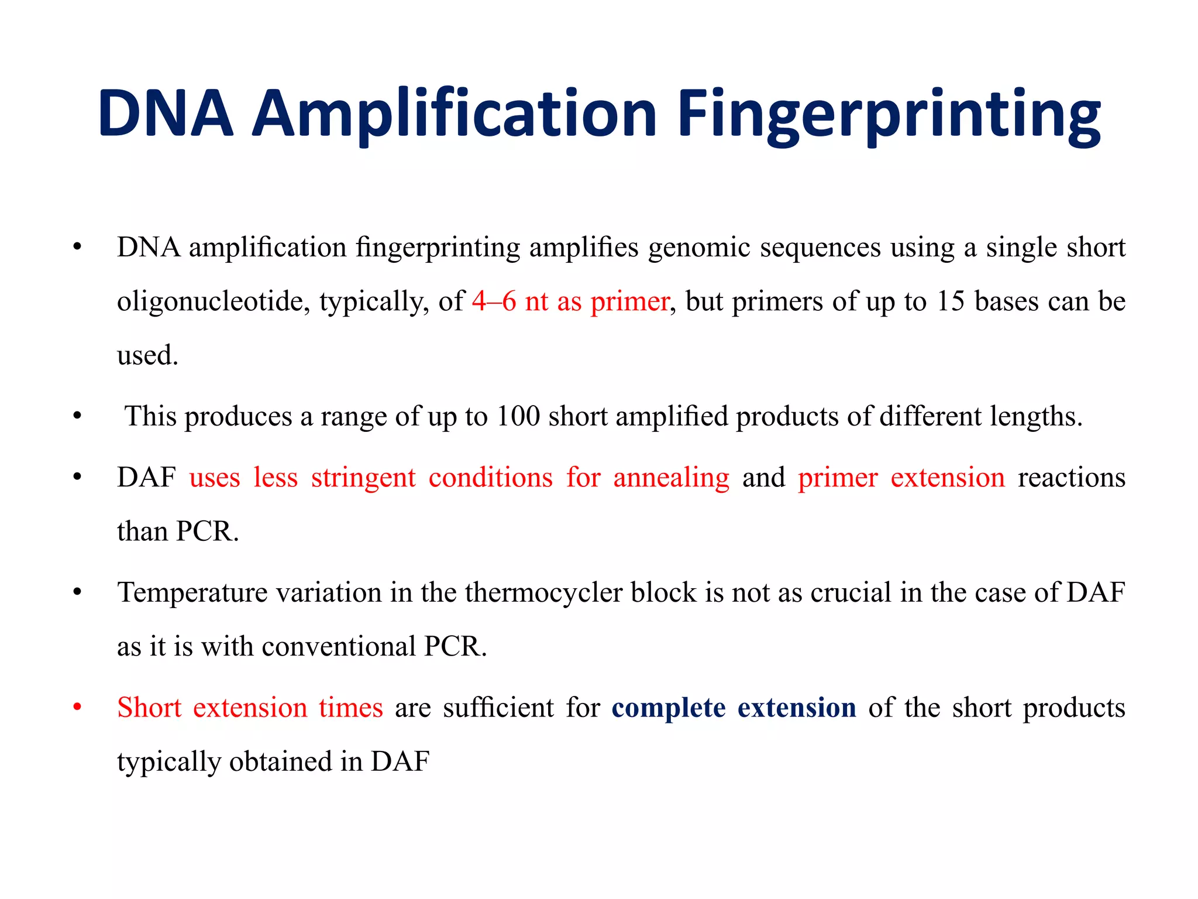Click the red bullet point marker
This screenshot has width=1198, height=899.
[x=77, y=708]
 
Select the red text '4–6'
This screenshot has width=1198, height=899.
[x=494, y=301]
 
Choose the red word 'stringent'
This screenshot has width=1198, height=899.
[x=363, y=478]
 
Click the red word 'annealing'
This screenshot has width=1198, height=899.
[x=671, y=478]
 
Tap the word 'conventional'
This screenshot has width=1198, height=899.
[x=339, y=647]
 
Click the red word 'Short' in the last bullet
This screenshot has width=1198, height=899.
[x=149, y=708]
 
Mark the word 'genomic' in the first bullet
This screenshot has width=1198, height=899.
[x=699, y=248]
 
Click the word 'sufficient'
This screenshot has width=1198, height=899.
[x=498, y=708]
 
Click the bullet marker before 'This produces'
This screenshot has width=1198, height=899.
[x=77, y=417]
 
